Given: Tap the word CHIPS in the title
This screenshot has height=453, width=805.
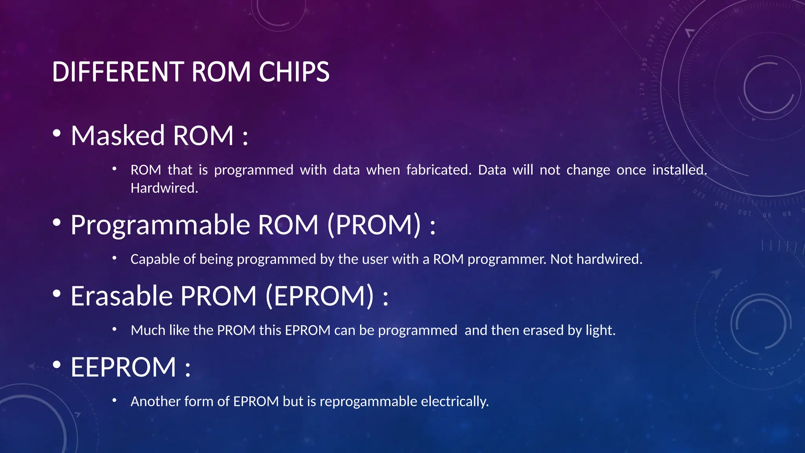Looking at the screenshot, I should (x=294, y=72).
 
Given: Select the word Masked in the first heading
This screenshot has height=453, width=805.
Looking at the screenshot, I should (x=118, y=136).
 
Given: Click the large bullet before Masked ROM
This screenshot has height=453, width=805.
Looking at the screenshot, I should (x=57, y=133).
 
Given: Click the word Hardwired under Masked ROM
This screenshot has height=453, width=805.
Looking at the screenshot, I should (x=164, y=188).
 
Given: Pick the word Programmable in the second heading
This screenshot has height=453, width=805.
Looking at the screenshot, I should (x=160, y=225).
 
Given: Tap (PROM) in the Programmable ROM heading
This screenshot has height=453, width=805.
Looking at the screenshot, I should (x=373, y=225).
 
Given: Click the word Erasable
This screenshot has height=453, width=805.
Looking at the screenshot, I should (x=121, y=296).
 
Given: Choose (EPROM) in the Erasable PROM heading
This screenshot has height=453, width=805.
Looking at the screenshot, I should (x=320, y=296).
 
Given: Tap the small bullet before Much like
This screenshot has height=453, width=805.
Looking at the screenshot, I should (x=114, y=329).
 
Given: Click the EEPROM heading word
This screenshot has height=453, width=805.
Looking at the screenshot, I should (x=123, y=367).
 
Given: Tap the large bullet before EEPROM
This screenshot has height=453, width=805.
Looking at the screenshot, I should (x=57, y=365).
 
